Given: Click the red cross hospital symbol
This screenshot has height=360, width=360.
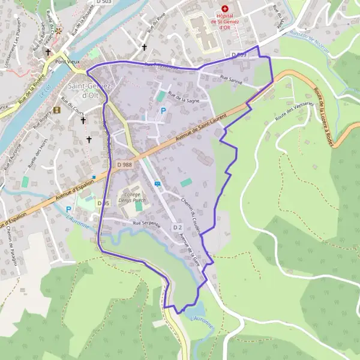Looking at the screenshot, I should tap(224, 8).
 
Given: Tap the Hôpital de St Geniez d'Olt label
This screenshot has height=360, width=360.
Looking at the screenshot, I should tap(224, 23).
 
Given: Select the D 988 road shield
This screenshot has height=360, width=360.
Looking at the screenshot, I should tap(124, 164).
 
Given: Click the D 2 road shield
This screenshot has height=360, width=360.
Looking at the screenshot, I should tap(177, 227).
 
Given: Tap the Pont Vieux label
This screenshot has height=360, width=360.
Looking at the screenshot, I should tap(67, 61).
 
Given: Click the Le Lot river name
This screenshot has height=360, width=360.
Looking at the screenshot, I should tap(42, 95).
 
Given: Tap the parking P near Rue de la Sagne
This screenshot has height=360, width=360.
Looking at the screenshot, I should tap(163, 110).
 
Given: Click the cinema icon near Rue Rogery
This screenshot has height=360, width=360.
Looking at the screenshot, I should tap(57, 110).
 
